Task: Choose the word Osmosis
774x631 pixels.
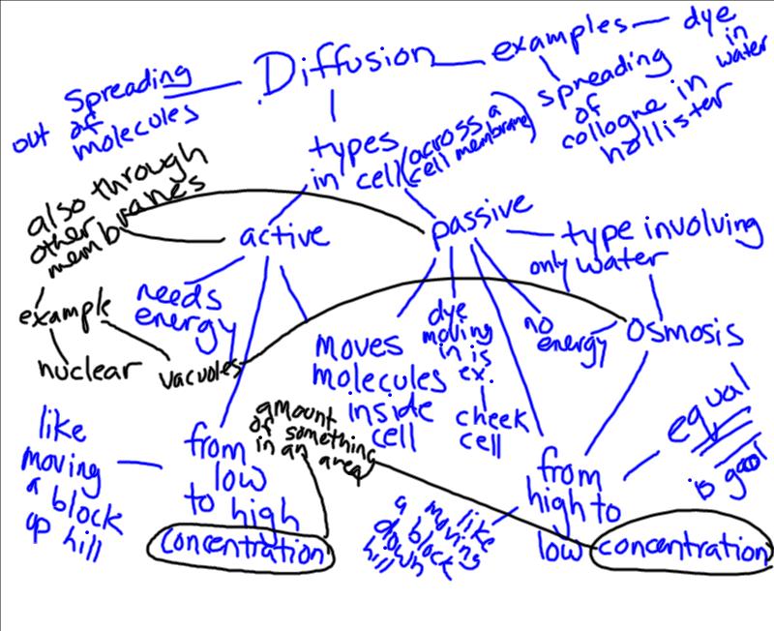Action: [x=685, y=332]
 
